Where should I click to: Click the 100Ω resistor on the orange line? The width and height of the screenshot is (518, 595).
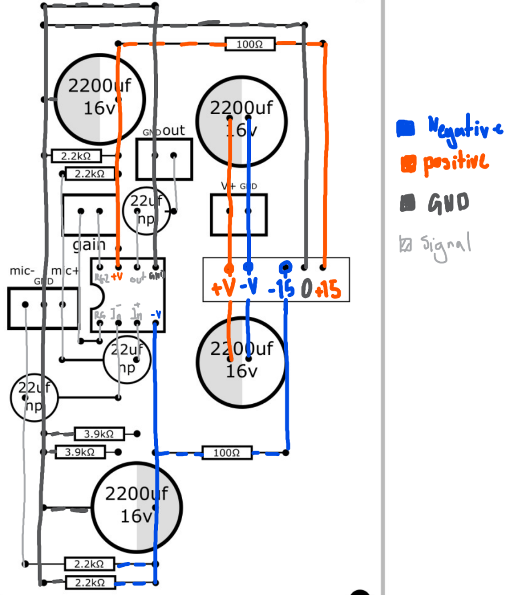click(249, 44)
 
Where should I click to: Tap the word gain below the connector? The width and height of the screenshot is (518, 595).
click(89, 245)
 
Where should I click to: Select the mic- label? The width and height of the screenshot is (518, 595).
click(22, 271)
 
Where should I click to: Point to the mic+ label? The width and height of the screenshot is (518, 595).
click(65, 271)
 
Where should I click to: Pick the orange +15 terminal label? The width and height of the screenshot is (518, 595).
click(329, 290)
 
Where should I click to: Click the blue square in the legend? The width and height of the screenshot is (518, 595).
click(406, 129)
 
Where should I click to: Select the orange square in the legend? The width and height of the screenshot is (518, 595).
click(408, 164)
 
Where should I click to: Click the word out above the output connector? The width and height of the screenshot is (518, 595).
click(174, 131)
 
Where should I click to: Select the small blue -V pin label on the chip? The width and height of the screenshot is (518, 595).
click(156, 315)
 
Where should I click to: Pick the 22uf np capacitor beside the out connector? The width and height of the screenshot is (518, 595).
click(146, 210)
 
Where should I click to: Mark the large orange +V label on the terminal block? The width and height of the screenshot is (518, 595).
click(223, 288)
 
